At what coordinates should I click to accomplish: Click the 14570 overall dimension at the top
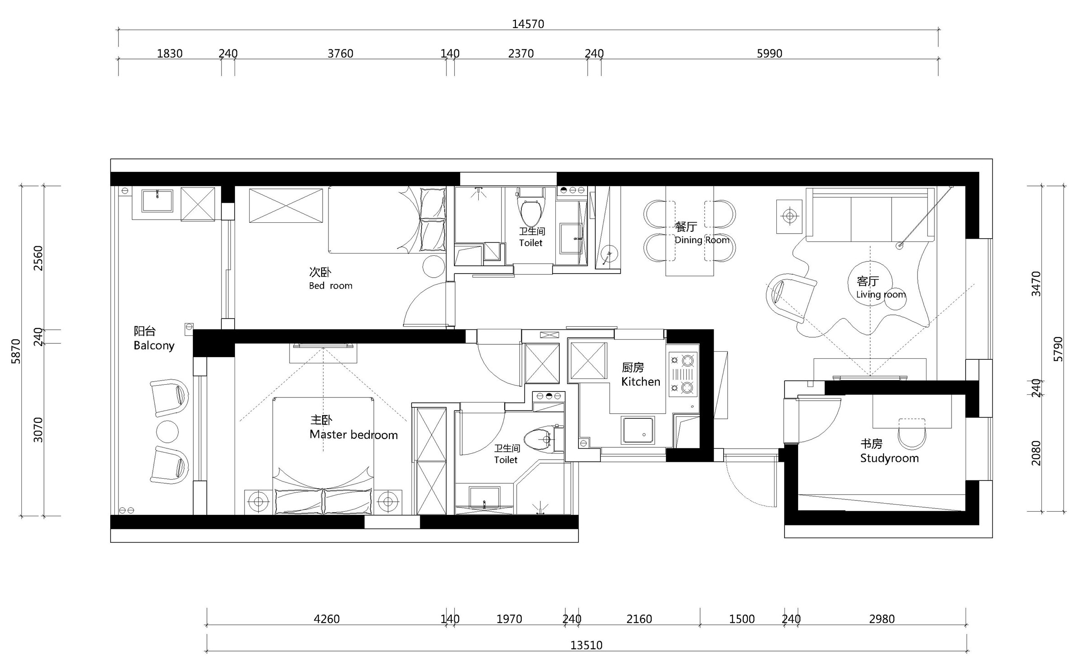pos(528,24)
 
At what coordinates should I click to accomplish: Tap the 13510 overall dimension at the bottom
pos(586,645)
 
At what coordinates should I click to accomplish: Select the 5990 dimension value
pos(770,54)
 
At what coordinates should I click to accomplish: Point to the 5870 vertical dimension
pos(16,351)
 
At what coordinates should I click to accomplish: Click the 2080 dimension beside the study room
pos(1036,453)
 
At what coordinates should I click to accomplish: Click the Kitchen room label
pos(640,382)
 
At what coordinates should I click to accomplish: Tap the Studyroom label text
pos(889,458)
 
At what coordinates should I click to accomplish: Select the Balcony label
pos(154,346)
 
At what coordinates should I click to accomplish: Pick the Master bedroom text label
pos(353,435)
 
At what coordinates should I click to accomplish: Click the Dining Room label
pos(702,240)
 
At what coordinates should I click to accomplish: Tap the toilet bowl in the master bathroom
pos(543,439)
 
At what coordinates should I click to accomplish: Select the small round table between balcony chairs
pos(167,431)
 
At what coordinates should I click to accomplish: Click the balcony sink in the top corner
pos(157,201)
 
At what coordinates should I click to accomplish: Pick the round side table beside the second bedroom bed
pos(434,266)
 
